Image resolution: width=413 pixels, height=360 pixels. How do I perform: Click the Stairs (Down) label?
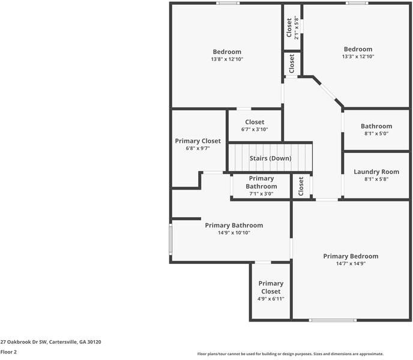270,158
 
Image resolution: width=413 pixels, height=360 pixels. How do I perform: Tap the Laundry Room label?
376,172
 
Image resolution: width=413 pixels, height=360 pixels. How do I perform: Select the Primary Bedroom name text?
351,256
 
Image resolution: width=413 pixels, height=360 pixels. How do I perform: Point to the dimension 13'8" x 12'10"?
227,59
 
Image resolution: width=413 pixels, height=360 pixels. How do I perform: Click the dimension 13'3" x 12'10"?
358,57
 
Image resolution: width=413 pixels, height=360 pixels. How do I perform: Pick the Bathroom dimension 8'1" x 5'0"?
376,134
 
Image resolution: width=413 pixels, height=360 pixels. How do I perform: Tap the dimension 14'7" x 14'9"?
351,264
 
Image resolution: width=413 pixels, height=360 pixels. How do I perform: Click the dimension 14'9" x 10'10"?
234,233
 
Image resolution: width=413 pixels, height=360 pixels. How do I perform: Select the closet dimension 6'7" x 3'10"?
255,130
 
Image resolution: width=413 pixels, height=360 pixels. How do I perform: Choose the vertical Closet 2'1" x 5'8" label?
292,27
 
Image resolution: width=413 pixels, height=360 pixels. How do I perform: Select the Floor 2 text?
8,352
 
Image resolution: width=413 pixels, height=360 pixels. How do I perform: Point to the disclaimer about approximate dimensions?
291,354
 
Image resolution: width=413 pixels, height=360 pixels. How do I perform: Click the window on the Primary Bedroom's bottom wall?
333,320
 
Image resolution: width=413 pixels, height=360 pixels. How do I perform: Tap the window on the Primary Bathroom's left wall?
170,240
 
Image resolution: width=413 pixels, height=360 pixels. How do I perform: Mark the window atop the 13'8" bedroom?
228,4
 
